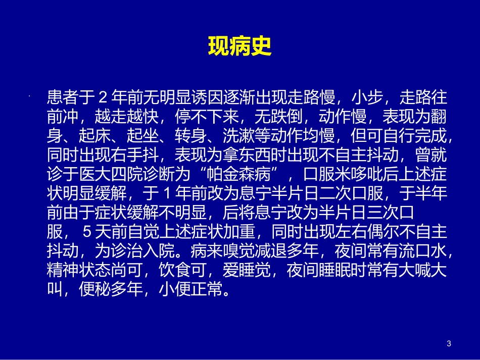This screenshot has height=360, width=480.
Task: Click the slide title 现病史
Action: (x=240, y=46)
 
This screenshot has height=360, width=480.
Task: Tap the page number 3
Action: (x=449, y=344)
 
